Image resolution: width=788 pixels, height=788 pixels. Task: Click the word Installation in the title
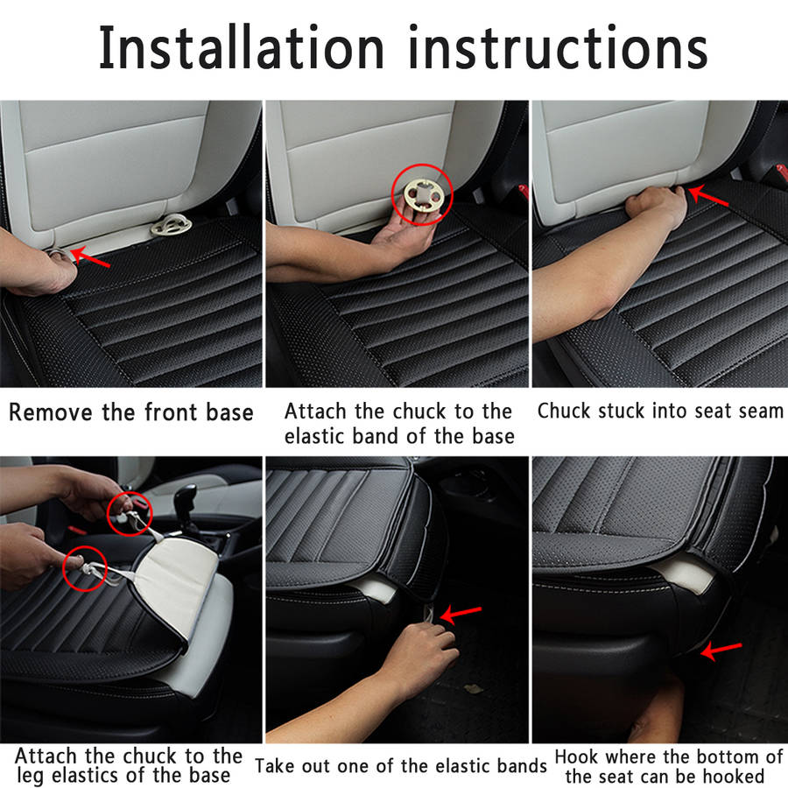[x=242, y=47]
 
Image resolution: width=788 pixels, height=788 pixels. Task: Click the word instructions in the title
[x=559, y=47]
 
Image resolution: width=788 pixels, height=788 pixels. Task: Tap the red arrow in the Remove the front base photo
[x=90, y=257]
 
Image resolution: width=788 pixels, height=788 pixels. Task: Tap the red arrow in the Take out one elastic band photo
[x=461, y=614]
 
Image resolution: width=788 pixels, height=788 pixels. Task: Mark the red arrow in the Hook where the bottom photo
[x=721, y=651]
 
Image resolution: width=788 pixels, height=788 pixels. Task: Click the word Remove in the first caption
[x=51, y=412]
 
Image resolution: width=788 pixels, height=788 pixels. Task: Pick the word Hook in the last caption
[x=576, y=756]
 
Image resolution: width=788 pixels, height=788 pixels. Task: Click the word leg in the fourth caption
[x=32, y=776]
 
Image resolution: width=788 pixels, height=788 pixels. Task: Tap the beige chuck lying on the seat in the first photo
[x=171, y=225]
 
